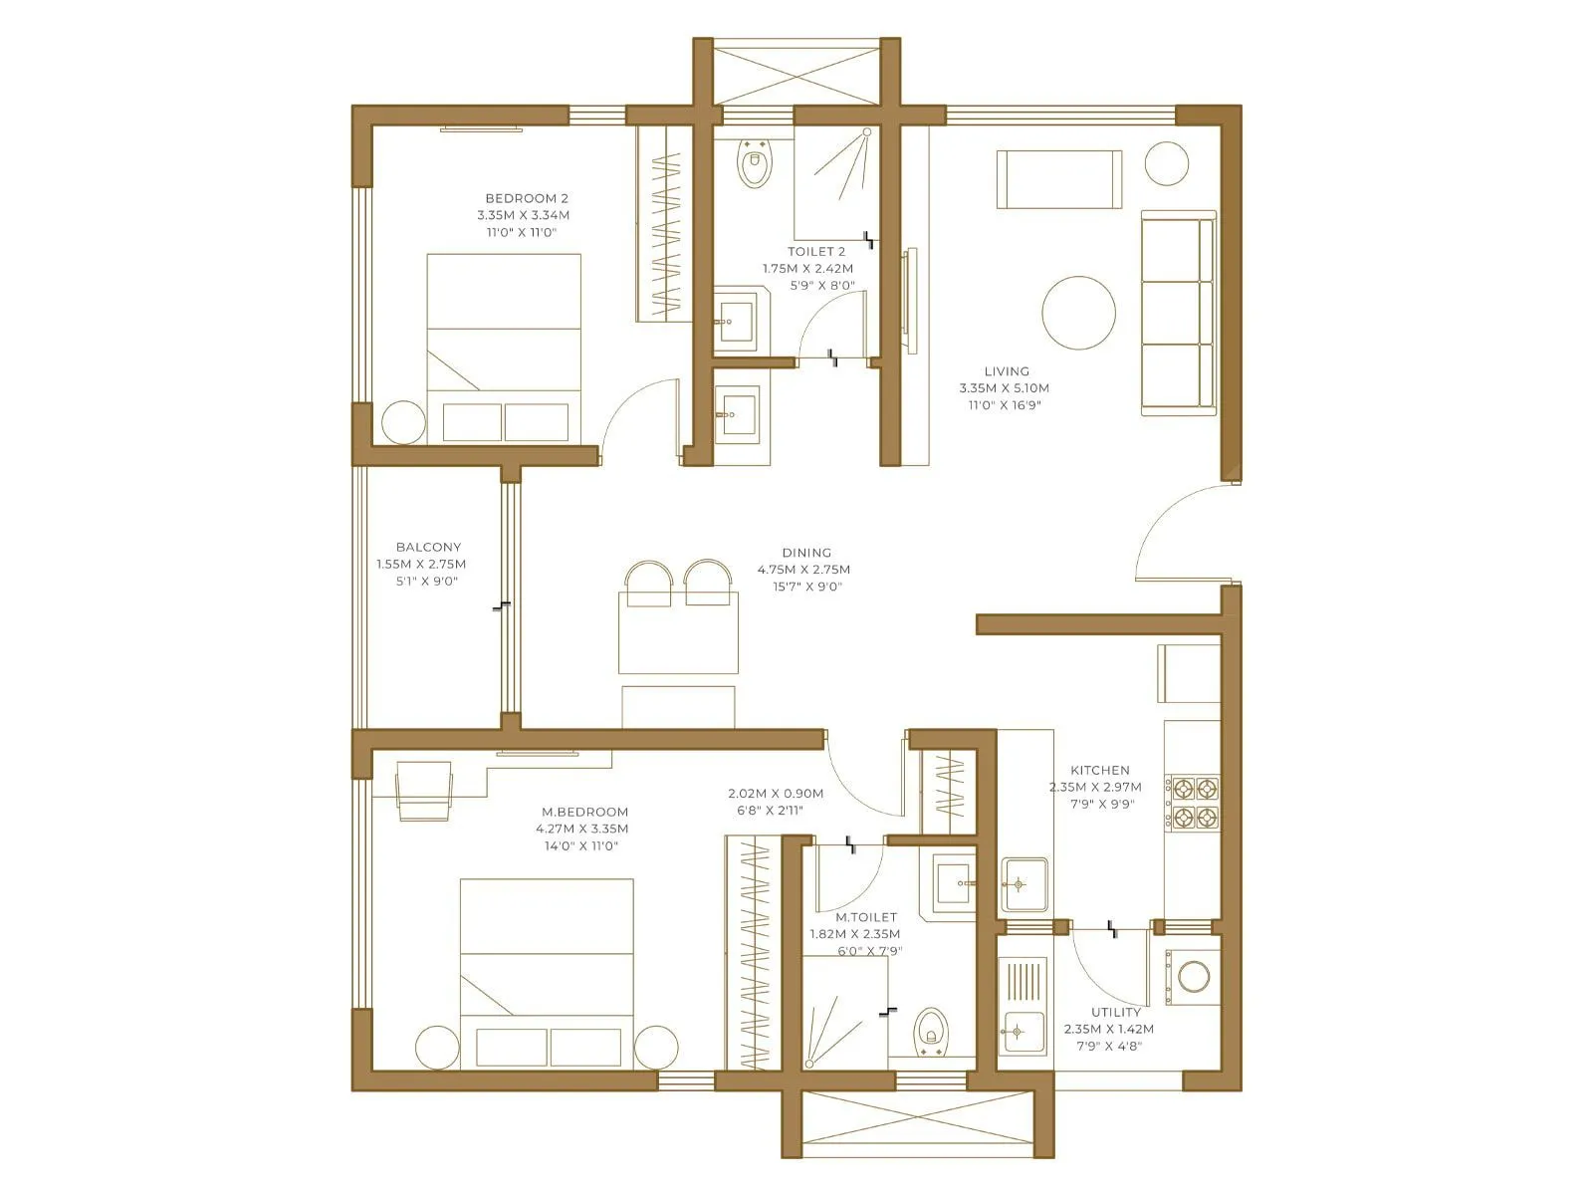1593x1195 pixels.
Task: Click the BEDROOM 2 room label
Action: tap(527, 198)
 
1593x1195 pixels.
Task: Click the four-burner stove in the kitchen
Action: tap(1194, 804)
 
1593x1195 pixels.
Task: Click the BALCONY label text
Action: tap(428, 547)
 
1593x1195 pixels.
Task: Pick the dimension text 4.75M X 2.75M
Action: tap(803, 570)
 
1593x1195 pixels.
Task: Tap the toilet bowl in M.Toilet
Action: tap(930, 1032)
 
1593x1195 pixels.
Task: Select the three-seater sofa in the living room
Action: tap(1178, 313)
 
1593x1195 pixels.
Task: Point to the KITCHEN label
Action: tap(1099, 770)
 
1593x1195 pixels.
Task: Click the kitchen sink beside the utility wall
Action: tap(1023, 883)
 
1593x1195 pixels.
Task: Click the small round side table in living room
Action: tap(1166, 162)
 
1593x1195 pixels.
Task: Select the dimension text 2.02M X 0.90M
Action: tap(776, 794)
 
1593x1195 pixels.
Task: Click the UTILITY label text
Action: tap(1115, 1012)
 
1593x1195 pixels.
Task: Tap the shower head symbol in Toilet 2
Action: tap(865, 132)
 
